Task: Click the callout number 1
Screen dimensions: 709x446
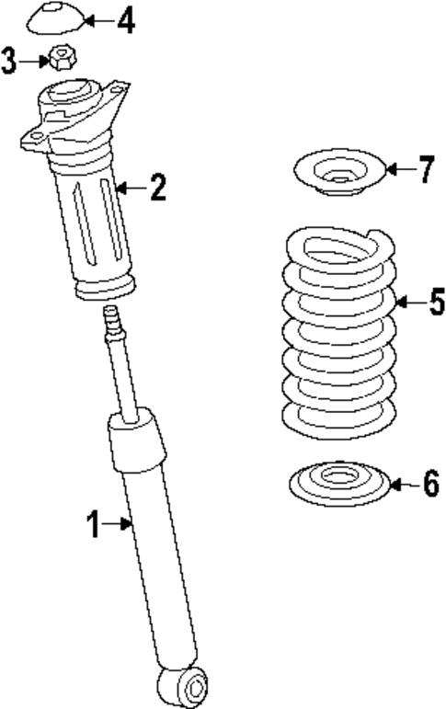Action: (93, 525)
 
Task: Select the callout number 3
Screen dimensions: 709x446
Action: (10, 63)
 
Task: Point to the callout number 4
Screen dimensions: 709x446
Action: (125, 19)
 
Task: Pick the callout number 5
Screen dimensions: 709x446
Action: (436, 301)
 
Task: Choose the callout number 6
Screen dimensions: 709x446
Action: (430, 484)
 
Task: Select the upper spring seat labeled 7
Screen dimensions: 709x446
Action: (337, 175)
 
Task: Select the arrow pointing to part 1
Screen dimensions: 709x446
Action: (120, 525)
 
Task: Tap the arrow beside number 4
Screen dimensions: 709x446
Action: (100, 19)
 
